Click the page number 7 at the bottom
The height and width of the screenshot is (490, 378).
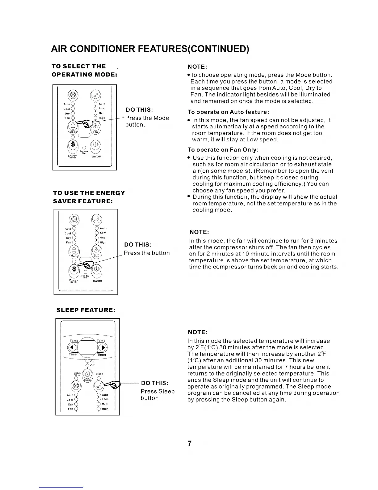[190, 443]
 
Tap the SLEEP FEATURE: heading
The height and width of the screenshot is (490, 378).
[86, 310]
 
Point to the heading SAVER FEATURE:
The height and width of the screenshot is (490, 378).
[83, 201]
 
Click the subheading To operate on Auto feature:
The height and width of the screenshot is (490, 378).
[229, 112]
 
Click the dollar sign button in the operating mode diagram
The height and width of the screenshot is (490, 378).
[73, 144]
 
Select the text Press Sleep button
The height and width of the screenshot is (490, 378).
[157, 395]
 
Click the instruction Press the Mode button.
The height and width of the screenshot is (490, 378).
[147, 121]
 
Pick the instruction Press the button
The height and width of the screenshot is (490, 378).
[147, 253]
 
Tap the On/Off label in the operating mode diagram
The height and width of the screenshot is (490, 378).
[96, 157]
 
